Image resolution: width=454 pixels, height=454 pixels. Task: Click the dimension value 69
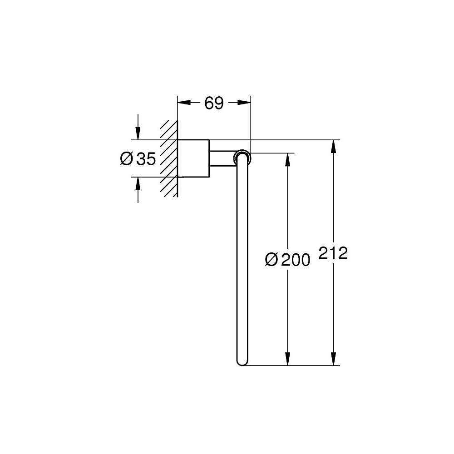pyautogui.click(x=214, y=104)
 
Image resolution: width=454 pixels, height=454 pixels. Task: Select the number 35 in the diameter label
pyautogui.click(x=146, y=159)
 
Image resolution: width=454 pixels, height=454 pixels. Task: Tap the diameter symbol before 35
pyautogui.click(x=127, y=159)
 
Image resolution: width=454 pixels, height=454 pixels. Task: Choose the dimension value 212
pyautogui.click(x=333, y=253)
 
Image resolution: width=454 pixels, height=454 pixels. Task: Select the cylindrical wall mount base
pyautogui.click(x=193, y=158)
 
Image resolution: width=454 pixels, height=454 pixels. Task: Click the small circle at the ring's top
pyautogui.click(x=242, y=158)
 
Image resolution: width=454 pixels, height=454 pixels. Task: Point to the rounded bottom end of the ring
pyautogui.click(x=242, y=361)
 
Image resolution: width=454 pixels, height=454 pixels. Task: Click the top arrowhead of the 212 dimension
pyautogui.click(x=334, y=145)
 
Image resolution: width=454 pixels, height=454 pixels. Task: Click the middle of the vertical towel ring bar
pyautogui.click(x=242, y=259)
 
